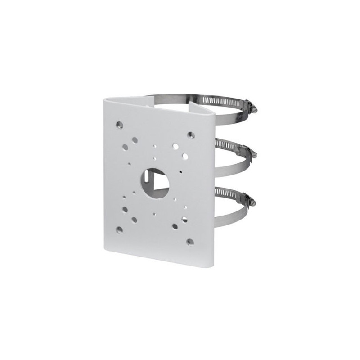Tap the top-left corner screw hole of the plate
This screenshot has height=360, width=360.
click(119, 124)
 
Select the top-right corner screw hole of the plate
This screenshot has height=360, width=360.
click(191, 135)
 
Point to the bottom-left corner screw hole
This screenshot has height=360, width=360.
click(119, 229)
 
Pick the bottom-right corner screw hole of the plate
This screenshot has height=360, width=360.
click(190, 242)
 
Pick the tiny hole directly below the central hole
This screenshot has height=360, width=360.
click(154, 214)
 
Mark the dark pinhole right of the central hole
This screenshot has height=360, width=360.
click(180, 171)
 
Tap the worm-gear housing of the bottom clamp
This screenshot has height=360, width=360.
click(247, 198)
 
